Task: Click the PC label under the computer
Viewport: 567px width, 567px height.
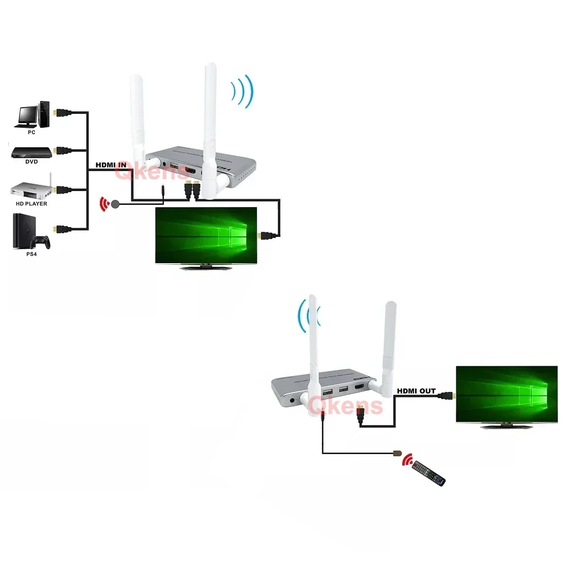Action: pyautogui.click(x=31, y=133)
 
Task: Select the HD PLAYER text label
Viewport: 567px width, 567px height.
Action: pyautogui.click(x=31, y=203)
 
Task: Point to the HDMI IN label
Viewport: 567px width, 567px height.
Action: pyautogui.click(x=111, y=165)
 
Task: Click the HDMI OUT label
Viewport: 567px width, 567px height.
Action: pyautogui.click(x=416, y=391)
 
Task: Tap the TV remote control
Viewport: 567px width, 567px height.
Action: pyautogui.click(x=429, y=472)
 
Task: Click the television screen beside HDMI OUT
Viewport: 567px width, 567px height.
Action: pyautogui.click(x=507, y=394)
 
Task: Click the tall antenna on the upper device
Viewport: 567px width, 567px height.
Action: pyautogui.click(x=209, y=124)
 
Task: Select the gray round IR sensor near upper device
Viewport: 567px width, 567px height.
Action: pyautogui.click(x=115, y=204)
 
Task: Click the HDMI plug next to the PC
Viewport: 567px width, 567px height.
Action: pyautogui.click(x=62, y=112)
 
